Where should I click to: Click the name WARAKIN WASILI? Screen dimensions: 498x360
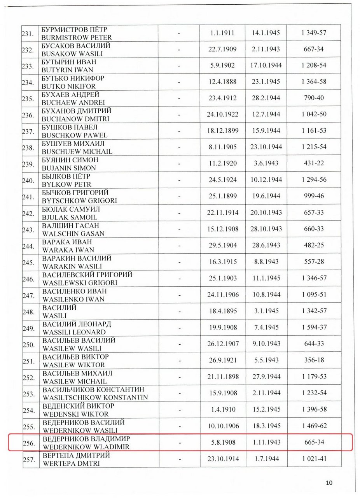[72, 267]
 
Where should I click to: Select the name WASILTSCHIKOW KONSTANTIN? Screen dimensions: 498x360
[95, 397]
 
